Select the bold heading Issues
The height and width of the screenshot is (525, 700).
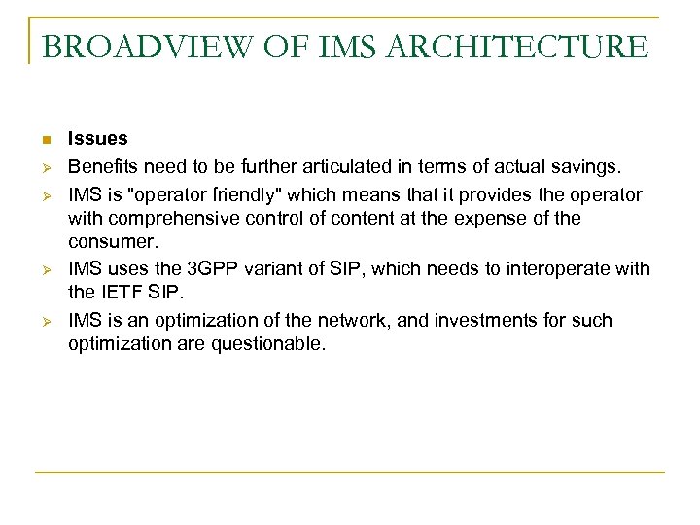[x=97, y=139]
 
